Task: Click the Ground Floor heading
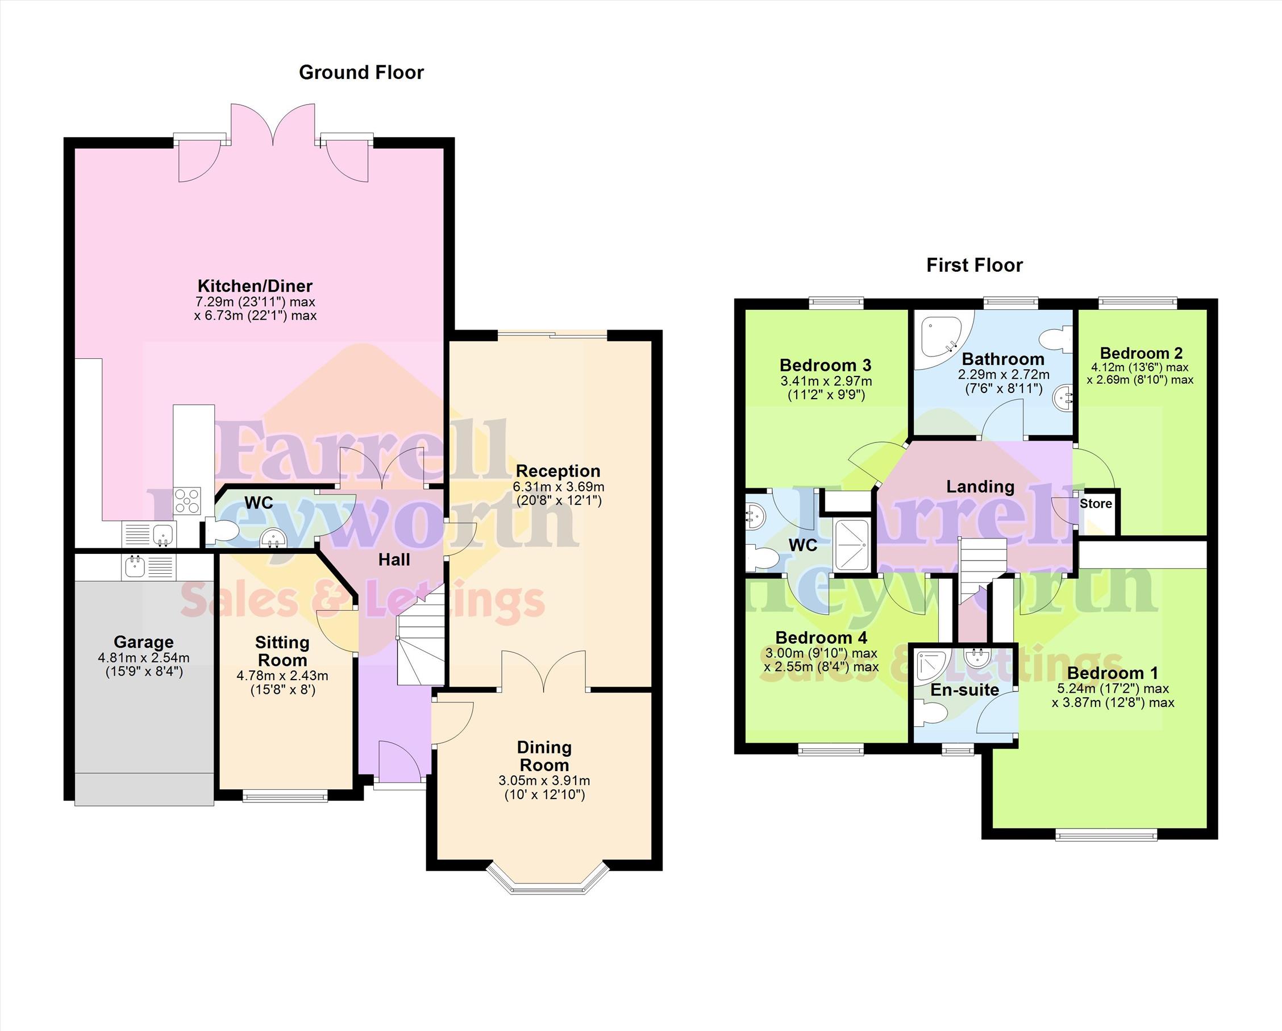pyautogui.click(x=361, y=73)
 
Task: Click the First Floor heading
pyautogui.click(x=975, y=266)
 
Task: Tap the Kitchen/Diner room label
pyautogui.click(x=255, y=285)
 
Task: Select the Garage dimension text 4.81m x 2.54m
pyautogui.click(x=144, y=658)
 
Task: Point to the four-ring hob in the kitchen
pyautogui.click(x=188, y=500)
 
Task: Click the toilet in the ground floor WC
pyautogui.click(x=219, y=531)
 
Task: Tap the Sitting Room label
pyautogui.click(x=282, y=652)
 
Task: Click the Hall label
pyautogui.click(x=394, y=560)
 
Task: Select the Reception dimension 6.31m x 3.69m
pyautogui.click(x=559, y=487)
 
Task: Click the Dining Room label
pyautogui.click(x=544, y=756)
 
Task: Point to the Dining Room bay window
pyautogui.click(x=548, y=879)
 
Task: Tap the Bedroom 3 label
pyautogui.click(x=825, y=365)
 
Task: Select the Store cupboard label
pyautogui.click(x=1096, y=504)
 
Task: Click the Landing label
pyautogui.click(x=980, y=487)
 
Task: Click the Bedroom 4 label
pyautogui.click(x=821, y=637)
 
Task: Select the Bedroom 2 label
pyautogui.click(x=1141, y=353)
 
